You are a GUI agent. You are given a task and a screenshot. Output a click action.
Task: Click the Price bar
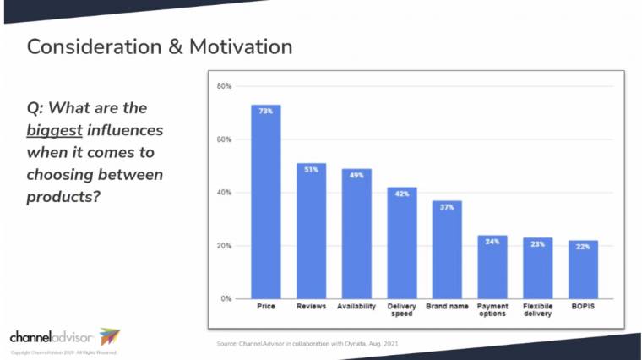(265, 203)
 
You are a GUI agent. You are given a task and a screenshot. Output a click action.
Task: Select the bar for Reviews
(311, 232)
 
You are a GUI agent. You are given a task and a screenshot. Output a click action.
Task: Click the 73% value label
(265, 111)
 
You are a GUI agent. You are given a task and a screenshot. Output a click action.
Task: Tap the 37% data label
(447, 206)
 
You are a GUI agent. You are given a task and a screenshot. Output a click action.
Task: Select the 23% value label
(537, 243)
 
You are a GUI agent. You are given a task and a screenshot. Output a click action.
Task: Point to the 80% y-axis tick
(224, 86)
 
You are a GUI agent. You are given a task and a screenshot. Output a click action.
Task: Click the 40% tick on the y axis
(224, 193)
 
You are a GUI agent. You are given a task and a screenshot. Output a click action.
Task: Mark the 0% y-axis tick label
(226, 299)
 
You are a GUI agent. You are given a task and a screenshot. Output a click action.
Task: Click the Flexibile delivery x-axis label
(537, 310)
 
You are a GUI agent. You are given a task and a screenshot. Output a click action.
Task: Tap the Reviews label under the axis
(311, 306)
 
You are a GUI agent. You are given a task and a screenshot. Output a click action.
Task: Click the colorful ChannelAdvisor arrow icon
(110, 335)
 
